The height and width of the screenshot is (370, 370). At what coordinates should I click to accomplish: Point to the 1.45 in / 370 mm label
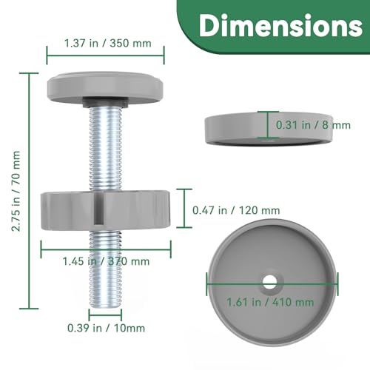(x=108, y=260)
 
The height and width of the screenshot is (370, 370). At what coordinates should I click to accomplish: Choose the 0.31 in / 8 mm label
(x=312, y=125)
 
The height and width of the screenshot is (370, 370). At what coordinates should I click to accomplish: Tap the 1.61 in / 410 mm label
(x=271, y=301)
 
